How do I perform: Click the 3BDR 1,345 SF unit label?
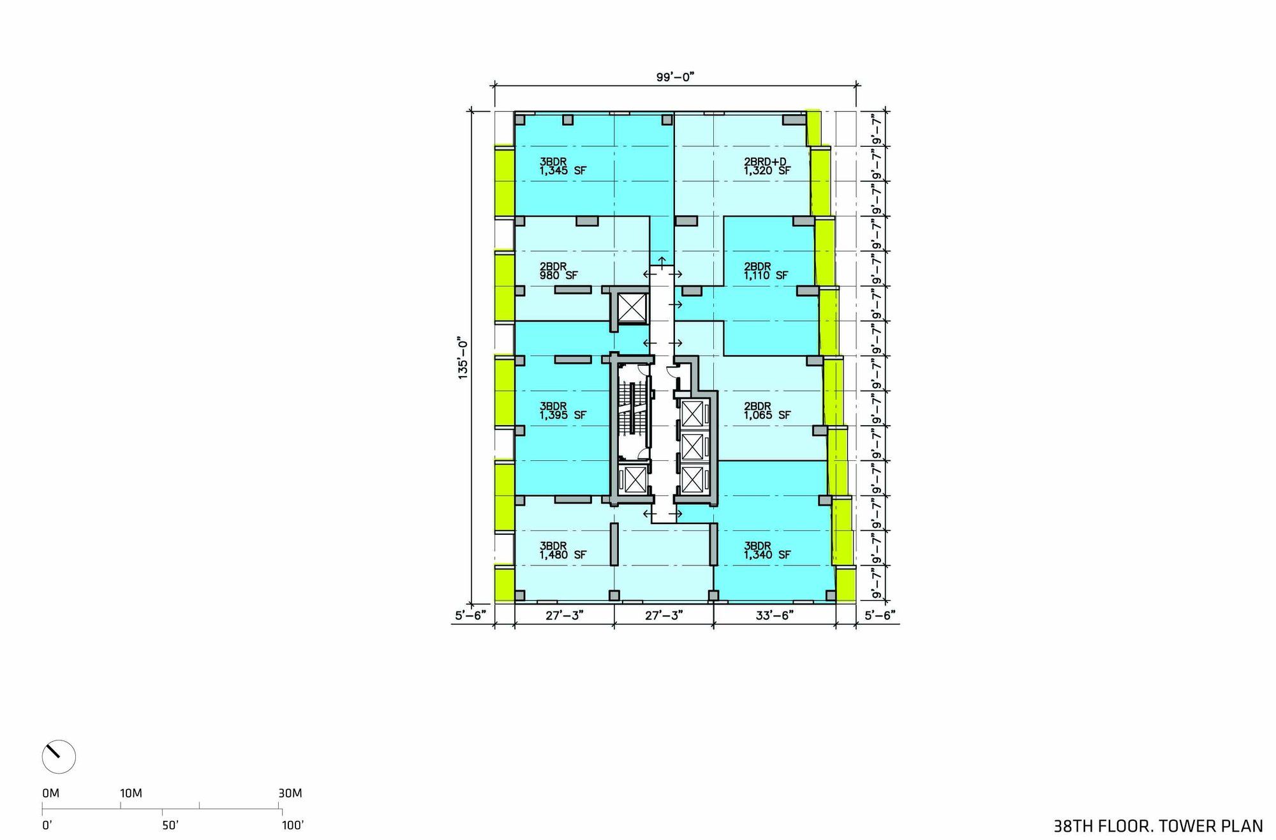point(563,166)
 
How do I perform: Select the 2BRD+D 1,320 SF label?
point(767,166)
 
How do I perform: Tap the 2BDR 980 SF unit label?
point(559,271)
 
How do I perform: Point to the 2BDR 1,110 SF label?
point(766,271)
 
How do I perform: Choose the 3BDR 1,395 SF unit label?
point(563,410)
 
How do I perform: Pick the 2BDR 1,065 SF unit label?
point(767,410)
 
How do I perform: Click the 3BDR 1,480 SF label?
point(563,550)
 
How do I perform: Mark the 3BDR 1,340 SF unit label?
point(767,550)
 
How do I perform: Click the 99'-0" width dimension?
point(675,77)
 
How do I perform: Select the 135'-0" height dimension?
point(463,359)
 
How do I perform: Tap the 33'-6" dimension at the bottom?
point(774,615)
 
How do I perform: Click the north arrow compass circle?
point(59,757)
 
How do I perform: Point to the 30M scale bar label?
point(290,793)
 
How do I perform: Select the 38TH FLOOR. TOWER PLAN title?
point(1158,825)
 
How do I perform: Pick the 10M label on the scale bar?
point(131,793)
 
